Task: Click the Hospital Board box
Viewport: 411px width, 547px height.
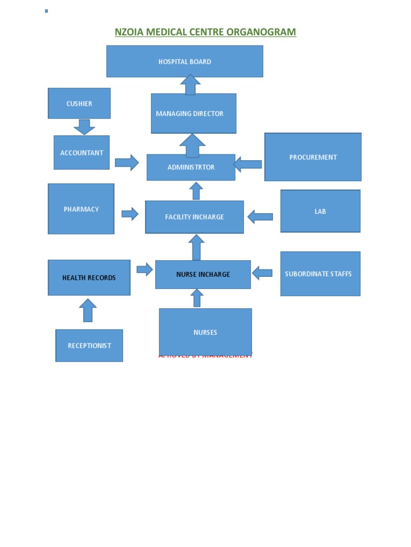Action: (185, 61)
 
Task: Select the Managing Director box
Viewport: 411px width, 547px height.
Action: (193, 114)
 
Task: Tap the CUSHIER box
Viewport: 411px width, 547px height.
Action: (79, 104)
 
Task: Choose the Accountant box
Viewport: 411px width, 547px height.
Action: (81, 153)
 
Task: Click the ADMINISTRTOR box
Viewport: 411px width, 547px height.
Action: (191, 167)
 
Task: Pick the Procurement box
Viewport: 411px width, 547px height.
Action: (313, 157)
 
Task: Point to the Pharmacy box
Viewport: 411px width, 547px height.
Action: (81, 209)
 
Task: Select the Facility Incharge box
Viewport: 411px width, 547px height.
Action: (194, 217)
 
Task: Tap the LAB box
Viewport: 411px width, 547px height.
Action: (320, 211)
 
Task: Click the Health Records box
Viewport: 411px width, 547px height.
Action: (89, 278)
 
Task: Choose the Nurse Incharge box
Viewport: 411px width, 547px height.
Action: (203, 275)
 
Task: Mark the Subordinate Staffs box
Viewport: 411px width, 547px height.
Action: (320, 274)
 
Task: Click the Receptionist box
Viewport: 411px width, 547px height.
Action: (89, 346)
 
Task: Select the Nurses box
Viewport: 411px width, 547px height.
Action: (205, 332)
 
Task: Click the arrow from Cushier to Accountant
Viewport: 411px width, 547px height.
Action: (84, 127)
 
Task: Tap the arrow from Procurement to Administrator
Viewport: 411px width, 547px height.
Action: (248, 164)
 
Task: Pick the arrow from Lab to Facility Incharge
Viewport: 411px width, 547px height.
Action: (261, 216)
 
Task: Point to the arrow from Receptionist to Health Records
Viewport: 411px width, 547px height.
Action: (88, 310)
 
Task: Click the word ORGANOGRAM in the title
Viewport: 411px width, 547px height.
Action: (261, 32)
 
